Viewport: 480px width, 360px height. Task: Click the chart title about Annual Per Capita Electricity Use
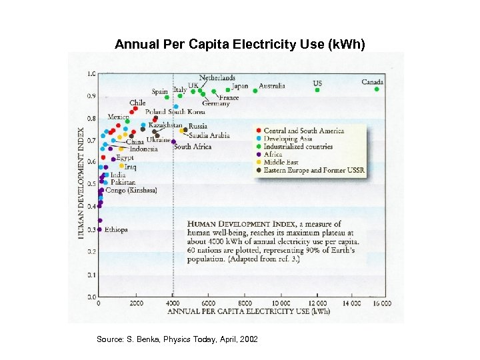(x=240, y=45)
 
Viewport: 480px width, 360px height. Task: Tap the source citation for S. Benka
(x=177, y=339)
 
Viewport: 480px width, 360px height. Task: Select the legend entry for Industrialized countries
(x=297, y=146)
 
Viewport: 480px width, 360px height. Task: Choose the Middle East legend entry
(x=282, y=162)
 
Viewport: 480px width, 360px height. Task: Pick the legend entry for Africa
(x=273, y=154)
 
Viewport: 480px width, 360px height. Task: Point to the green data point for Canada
(x=377, y=89)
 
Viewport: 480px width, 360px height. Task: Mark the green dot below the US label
(x=317, y=90)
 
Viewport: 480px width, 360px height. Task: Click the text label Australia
(x=271, y=85)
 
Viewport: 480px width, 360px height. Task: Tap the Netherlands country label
(x=217, y=78)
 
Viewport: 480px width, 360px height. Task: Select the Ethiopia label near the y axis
(x=116, y=229)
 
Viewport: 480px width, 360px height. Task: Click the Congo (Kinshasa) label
(x=131, y=190)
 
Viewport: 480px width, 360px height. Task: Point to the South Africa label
(x=193, y=147)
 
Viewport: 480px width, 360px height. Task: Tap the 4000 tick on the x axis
(x=173, y=303)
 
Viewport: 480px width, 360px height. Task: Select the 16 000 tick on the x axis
(x=381, y=303)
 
